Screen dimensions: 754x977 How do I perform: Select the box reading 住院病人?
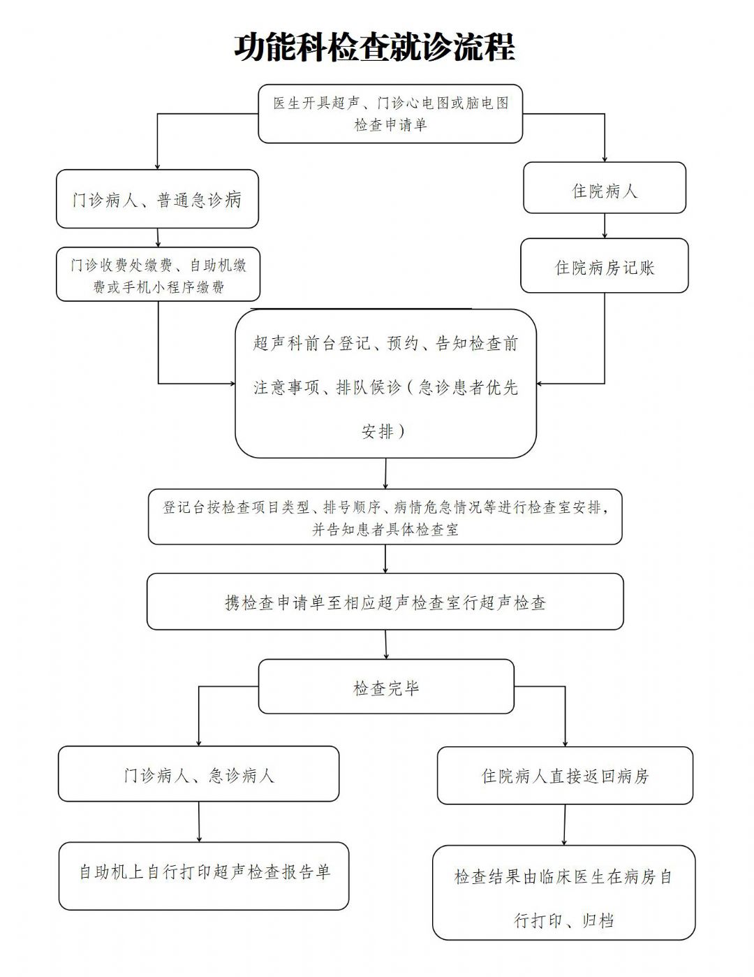605,187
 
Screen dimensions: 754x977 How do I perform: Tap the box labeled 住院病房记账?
605,266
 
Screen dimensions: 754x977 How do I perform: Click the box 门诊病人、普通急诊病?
157,198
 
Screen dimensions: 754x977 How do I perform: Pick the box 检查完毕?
386,686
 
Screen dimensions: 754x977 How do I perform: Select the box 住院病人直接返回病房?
565,776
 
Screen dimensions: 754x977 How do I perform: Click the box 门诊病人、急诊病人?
198,774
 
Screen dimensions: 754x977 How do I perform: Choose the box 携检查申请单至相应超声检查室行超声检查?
385,602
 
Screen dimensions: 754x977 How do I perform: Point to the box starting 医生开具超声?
390,114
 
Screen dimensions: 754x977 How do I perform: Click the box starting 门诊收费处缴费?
158,274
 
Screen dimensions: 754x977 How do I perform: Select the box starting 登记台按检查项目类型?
385,516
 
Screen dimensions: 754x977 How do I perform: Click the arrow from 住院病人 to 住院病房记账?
605,226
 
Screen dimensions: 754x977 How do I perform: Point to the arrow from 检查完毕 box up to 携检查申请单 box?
386,644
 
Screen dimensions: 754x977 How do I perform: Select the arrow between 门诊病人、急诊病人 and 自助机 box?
199,821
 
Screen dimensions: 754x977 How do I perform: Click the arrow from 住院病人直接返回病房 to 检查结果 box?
565,825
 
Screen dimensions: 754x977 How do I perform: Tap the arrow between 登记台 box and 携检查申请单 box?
385,559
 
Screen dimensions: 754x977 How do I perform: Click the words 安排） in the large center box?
383,431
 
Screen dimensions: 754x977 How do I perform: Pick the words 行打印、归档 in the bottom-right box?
563,920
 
